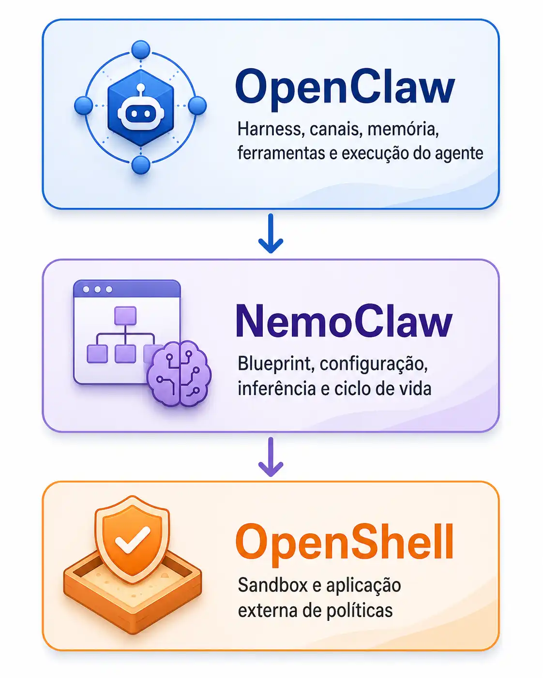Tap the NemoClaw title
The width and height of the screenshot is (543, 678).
[x=345, y=322]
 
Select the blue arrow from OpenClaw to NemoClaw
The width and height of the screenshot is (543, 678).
[x=271, y=233]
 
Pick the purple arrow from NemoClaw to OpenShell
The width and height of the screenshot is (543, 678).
[x=271, y=457]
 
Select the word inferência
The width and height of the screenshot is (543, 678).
[x=277, y=388]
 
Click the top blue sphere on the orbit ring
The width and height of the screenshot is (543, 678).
[x=141, y=50]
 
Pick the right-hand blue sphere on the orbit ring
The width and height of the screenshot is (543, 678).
[x=197, y=106]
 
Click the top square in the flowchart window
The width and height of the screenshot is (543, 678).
[x=125, y=315]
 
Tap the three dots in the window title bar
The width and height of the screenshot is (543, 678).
[x=97, y=289]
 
